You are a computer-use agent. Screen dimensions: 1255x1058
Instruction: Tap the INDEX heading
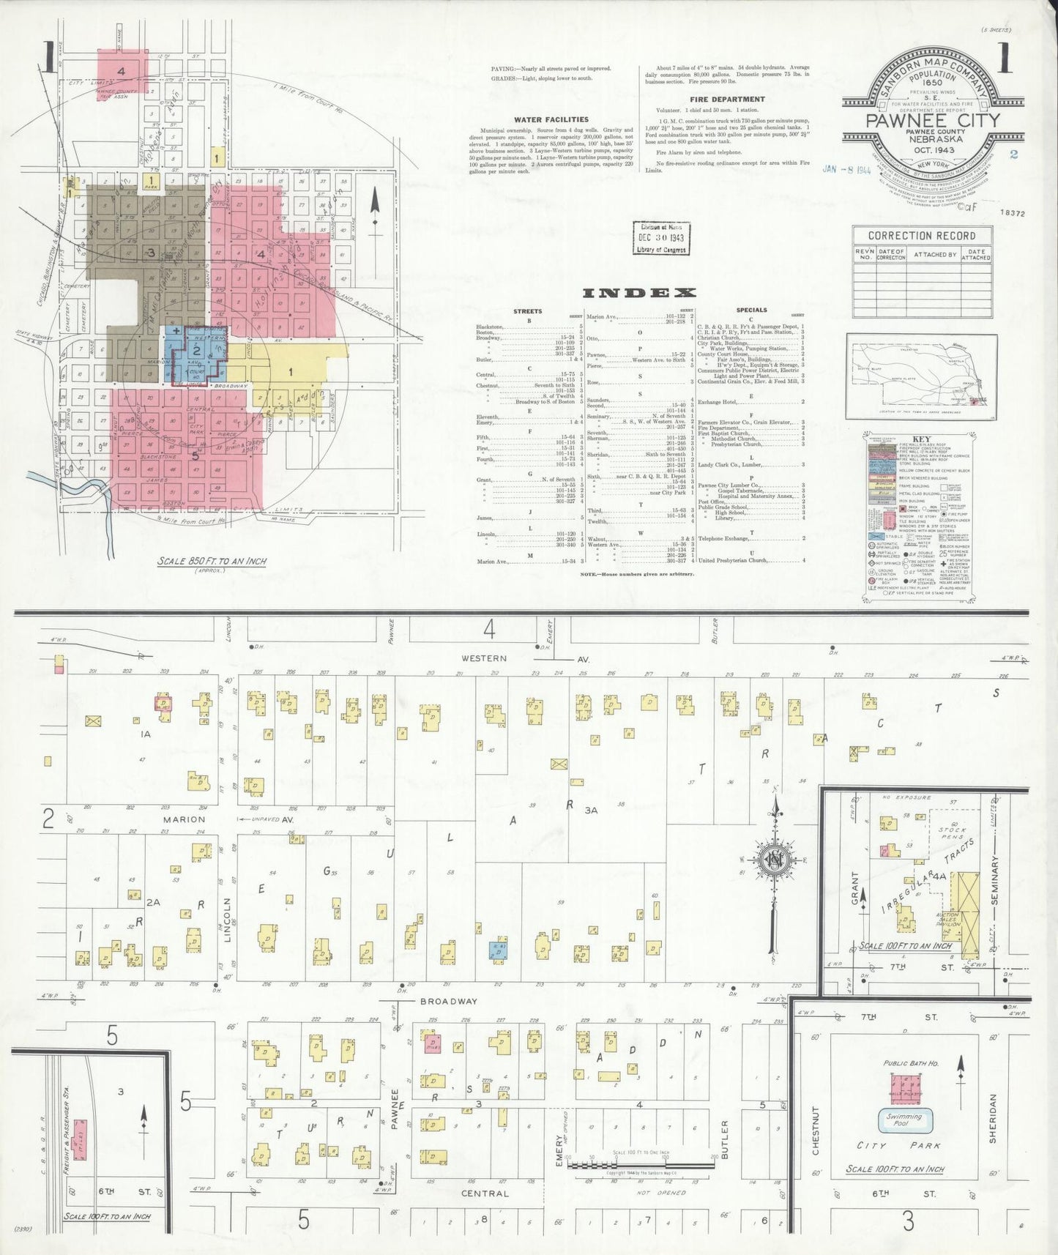pyautogui.click(x=638, y=294)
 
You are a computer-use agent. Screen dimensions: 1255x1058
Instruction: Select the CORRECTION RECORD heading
pyautogui.click(x=921, y=236)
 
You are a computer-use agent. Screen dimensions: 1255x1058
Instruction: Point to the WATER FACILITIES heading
pyautogui.click(x=551, y=119)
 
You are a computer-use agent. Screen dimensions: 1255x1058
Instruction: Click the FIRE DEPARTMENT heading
pyautogui.click(x=727, y=99)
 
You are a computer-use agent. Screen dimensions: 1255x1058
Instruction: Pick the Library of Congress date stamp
pyautogui.click(x=660, y=238)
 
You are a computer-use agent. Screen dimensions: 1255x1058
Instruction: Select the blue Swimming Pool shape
pyautogui.click(x=904, y=1118)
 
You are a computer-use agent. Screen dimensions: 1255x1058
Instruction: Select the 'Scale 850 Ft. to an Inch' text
pyautogui.click(x=212, y=561)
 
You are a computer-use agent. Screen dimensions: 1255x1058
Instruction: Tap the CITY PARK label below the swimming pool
pyautogui.click(x=898, y=1145)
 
